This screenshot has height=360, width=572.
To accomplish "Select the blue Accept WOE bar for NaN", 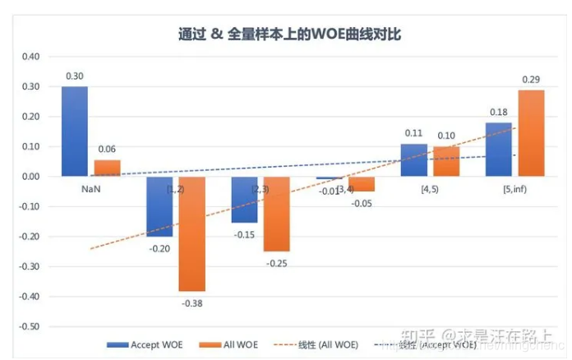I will pos(74,131).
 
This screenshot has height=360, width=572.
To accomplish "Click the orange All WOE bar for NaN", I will pos(107,167).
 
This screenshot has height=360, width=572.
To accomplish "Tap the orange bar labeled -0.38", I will pos(191,233).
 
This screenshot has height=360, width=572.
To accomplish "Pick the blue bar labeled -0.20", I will pos(159,206).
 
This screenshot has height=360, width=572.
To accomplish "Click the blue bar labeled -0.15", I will pos(244,199).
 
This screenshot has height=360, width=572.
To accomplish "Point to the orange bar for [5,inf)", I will pos(530,132).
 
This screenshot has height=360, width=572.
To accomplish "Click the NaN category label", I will pos(90,188).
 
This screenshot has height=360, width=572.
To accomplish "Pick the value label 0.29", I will pos(530,79).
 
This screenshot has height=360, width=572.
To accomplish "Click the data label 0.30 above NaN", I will pos(74,76).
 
